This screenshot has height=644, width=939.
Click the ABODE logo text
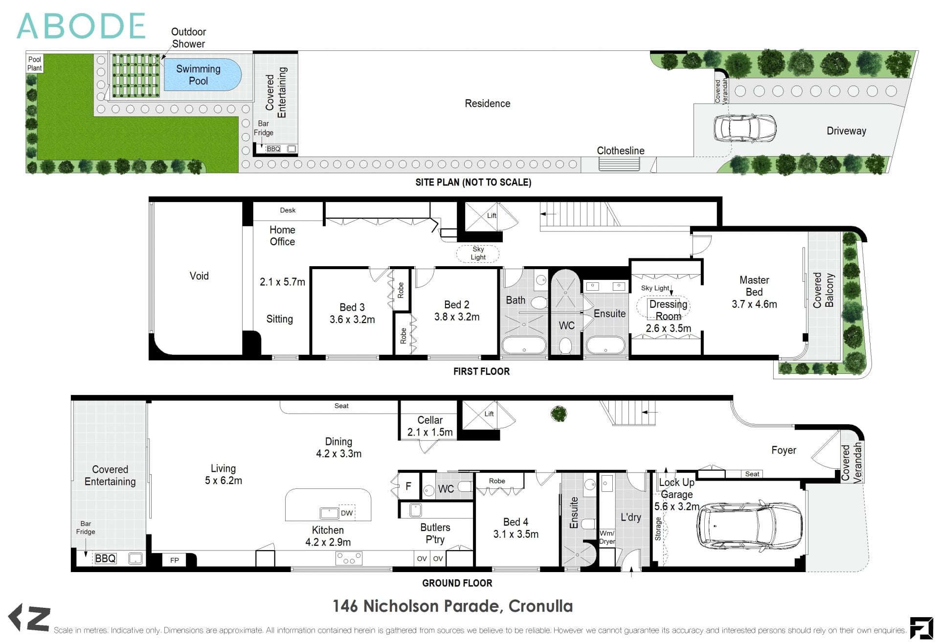tap(81, 26)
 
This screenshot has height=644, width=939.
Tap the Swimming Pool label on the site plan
tap(198, 75)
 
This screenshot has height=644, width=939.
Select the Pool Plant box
tap(34, 64)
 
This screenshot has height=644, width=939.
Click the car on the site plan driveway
tap(744, 128)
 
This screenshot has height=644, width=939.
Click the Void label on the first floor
tap(199, 276)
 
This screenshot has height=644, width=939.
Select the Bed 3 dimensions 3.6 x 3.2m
tap(352, 320)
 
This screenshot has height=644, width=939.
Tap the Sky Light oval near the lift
tap(478, 253)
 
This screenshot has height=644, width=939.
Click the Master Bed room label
tap(754, 286)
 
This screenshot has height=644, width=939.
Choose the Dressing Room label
tap(668, 310)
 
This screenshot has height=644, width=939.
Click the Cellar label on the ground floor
tap(430, 420)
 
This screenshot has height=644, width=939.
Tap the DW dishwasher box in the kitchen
tap(347, 513)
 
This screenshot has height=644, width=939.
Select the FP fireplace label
tap(175, 560)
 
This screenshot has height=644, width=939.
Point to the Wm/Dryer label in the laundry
tap(607, 537)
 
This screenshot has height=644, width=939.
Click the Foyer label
tap(783, 450)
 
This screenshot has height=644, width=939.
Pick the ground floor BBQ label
tap(106, 558)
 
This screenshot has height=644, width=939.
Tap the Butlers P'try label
tap(435, 533)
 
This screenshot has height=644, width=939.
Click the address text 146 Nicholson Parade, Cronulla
tap(452, 606)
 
